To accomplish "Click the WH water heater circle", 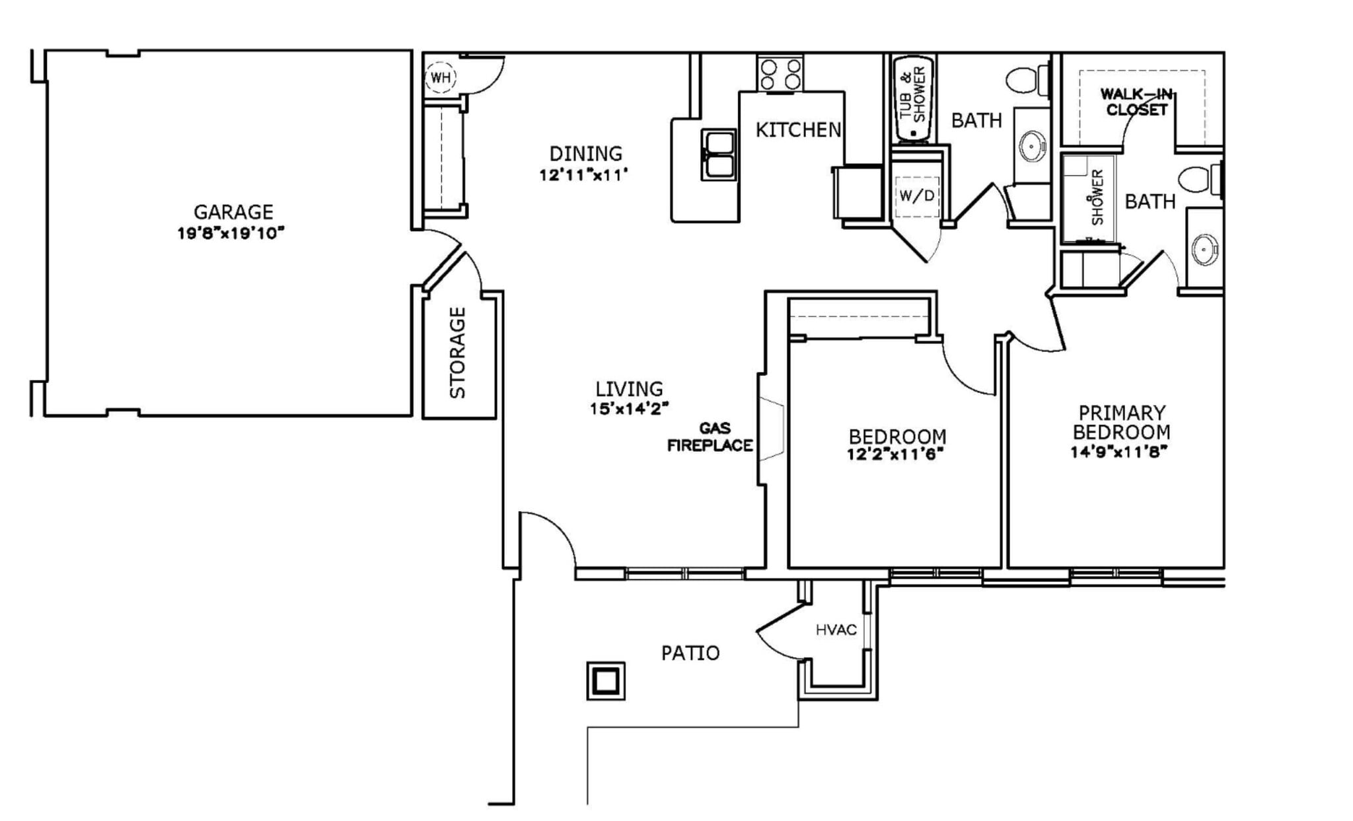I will coord(440,77).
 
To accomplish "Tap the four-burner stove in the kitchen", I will coord(780,74).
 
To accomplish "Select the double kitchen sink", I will coord(718,155).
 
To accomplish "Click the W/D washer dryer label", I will coord(917,196).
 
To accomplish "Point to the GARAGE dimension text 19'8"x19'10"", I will coord(231,233).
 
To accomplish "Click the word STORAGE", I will coord(458,353).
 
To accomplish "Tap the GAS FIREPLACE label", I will coord(710,437).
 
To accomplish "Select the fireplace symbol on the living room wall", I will coord(771,429).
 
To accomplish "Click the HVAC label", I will coord(836,630).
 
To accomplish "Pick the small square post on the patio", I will coord(606,680).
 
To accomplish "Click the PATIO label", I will coord(690,653).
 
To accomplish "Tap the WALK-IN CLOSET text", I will coord(1136,102).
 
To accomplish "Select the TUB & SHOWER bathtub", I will coord(912,99).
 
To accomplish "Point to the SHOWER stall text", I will coord(1097,197).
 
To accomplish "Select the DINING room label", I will coord(585,154).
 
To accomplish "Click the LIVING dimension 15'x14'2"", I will coord(629,409).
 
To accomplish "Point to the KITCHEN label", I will coord(798,130).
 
